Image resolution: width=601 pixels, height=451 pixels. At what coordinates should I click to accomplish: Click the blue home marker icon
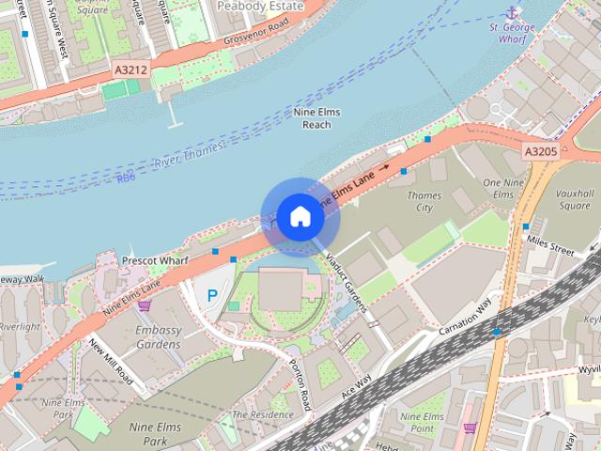coord(299,216)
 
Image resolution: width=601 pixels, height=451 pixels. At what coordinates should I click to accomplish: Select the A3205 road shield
coord(540,151)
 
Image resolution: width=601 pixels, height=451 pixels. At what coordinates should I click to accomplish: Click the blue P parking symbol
coord(211,296)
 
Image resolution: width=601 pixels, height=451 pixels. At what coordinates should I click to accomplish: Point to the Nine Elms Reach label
coord(317,118)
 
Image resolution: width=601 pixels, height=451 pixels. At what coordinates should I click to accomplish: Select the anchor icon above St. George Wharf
coord(512,12)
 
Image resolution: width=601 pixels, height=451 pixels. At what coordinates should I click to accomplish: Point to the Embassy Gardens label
coord(157,337)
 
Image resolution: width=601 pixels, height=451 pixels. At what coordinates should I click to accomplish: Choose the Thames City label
coord(424,201)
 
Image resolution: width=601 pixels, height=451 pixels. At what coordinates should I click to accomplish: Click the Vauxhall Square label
coord(574,197)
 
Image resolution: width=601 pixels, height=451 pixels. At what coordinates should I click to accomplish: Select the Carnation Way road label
coord(465,320)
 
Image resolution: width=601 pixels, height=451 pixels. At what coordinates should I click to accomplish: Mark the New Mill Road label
coord(112,359)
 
